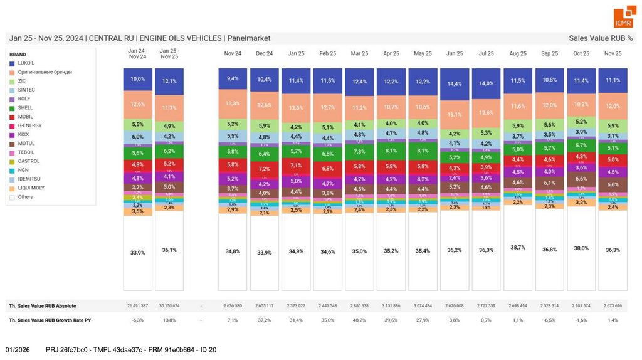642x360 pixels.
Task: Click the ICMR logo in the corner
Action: (x=623, y=18)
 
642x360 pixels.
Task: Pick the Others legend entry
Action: (x=25, y=197)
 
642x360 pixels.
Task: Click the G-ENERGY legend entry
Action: (x=29, y=125)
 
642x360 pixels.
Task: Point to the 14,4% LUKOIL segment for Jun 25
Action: (x=455, y=84)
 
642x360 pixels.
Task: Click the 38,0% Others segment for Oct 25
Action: (x=581, y=248)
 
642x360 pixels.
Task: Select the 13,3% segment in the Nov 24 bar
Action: (x=232, y=103)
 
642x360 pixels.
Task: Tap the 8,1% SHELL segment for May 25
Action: (x=423, y=151)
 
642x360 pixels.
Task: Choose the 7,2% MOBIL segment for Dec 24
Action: (x=264, y=169)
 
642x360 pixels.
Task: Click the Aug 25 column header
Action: (x=518, y=54)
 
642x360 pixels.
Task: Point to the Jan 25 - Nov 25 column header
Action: (x=169, y=53)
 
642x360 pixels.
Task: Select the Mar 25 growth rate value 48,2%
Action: (x=359, y=320)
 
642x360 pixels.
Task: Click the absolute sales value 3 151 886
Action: (x=391, y=306)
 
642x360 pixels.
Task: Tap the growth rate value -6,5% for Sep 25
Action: (x=549, y=320)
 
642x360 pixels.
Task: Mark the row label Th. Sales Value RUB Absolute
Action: (x=43, y=306)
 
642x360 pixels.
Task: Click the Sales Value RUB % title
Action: (x=601, y=38)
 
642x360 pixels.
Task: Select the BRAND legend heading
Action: (x=18, y=55)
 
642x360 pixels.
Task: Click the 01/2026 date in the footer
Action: (x=18, y=349)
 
